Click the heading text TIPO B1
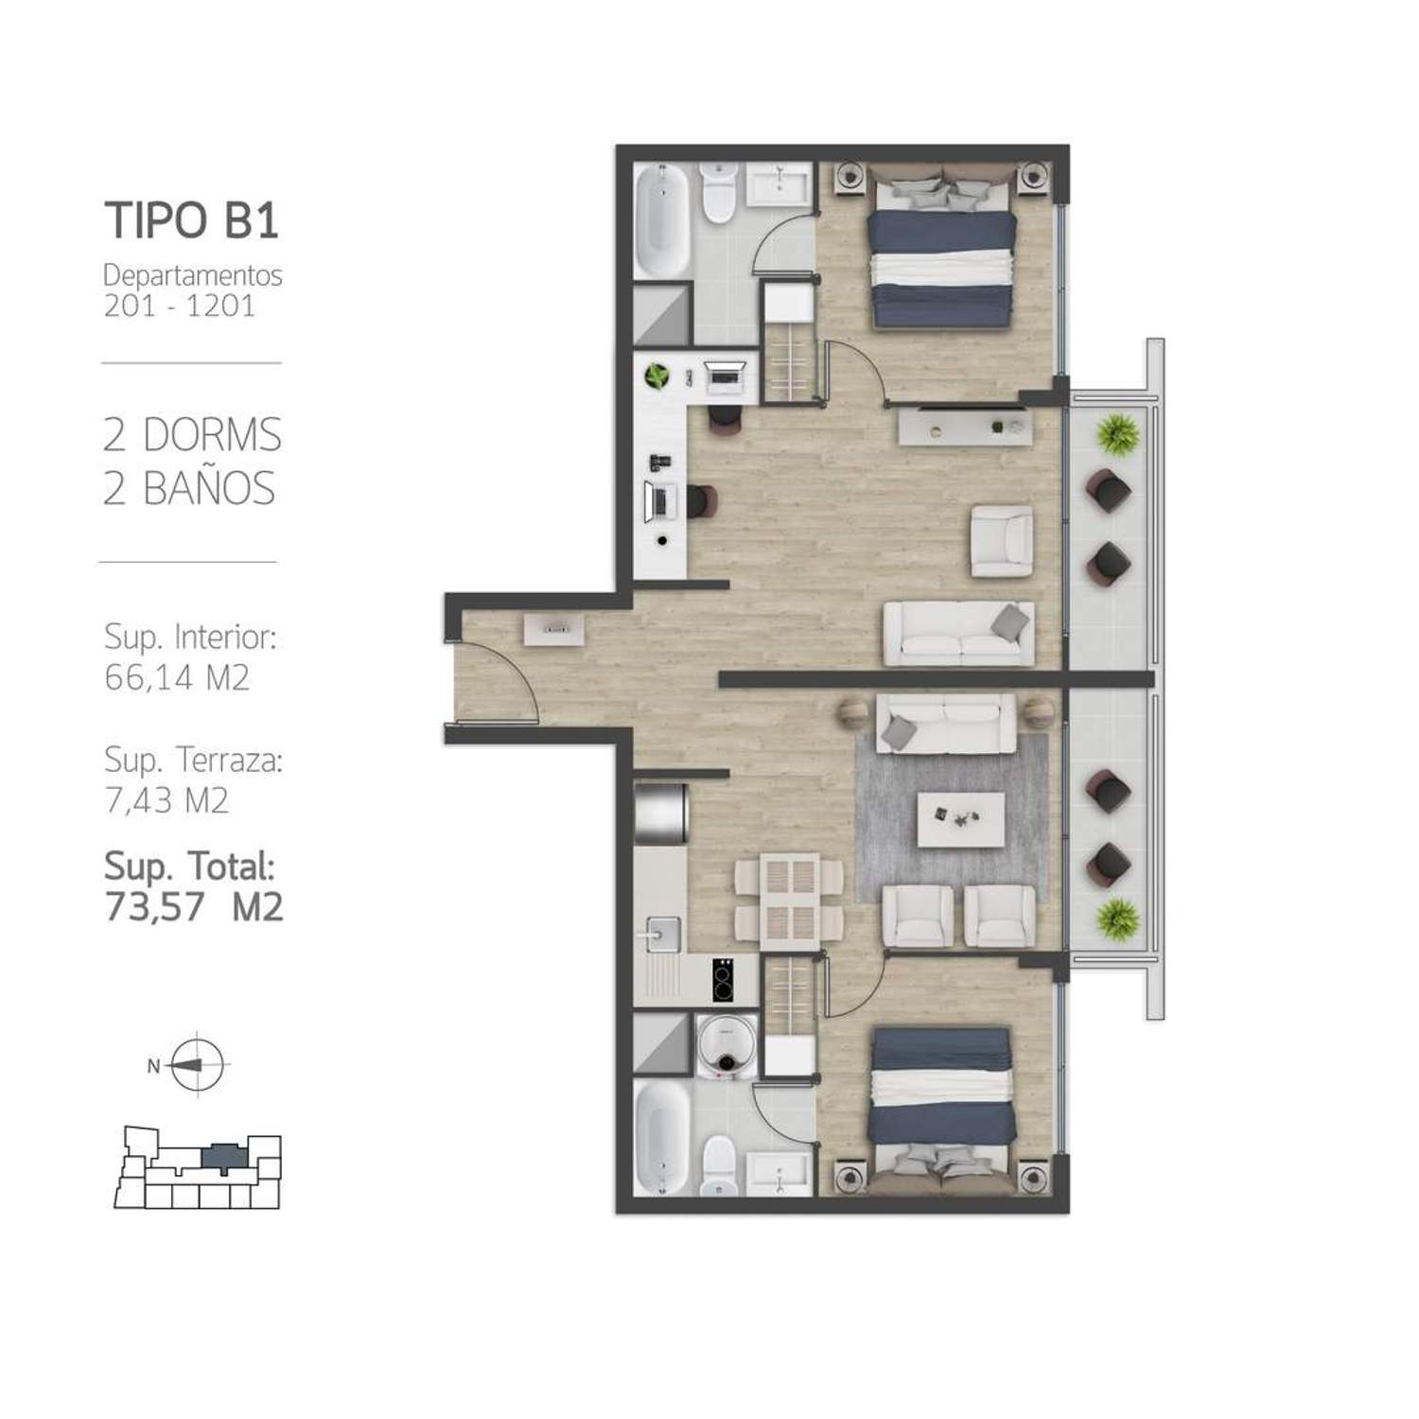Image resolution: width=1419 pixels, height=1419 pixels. pyautogui.click(x=192, y=219)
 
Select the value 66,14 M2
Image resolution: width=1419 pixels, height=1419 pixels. pyautogui.click(x=177, y=677)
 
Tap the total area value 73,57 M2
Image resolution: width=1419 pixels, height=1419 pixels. pyautogui.click(x=194, y=906)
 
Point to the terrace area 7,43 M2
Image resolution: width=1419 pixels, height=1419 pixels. pyautogui.click(x=166, y=800)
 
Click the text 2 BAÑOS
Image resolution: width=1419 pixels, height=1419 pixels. pyautogui.click(x=189, y=488)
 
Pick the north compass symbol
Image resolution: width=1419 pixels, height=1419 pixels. pyautogui.click(x=196, y=1064)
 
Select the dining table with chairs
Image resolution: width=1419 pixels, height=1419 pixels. pyautogui.click(x=790, y=902)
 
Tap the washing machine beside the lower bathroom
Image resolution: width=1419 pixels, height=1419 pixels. pyautogui.click(x=727, y=1045)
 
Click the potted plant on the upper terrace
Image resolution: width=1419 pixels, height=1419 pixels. pyautogui.click(x=1118, y=434)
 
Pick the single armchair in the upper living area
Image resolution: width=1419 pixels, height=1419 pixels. pyautogui.click(x=1002, y=541)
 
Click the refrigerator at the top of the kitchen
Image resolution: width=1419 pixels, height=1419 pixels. pyautogui.click(x=660, y=814)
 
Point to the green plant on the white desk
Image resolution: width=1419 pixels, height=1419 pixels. pyautogui.click(x=657, y=377)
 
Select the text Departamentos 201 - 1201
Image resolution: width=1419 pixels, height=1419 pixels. pyautogui.click(x=193, y=290)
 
